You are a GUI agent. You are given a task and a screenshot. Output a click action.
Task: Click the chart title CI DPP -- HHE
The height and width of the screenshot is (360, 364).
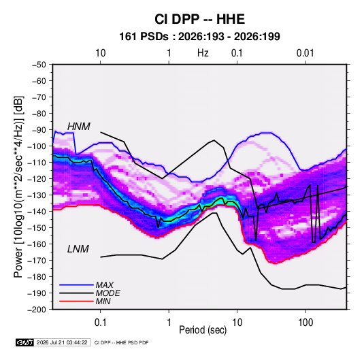(199, 19)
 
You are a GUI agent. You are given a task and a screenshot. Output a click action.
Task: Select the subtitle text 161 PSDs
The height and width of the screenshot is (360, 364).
(144, 37)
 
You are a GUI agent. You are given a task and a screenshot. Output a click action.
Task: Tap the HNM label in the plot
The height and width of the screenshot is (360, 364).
(79, 127)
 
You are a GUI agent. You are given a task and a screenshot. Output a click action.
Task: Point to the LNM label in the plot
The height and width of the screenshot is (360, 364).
(78, 249)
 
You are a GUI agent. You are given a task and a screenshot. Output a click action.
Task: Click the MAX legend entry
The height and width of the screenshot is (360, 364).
(105, 285)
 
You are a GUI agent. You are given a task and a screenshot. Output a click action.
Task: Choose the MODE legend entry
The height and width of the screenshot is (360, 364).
(108, 293)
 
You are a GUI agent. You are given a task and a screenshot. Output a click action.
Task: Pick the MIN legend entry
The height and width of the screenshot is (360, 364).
(103, 301)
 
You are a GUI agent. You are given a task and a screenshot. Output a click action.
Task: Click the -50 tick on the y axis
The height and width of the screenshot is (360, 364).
(39, 65)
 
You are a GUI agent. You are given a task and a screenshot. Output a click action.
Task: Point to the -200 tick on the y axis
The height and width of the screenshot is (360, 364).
(37, 310)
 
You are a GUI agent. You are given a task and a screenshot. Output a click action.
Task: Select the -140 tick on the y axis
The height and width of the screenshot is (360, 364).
(37, 212)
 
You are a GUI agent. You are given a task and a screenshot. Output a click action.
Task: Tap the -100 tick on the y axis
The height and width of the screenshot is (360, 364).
(37, 146)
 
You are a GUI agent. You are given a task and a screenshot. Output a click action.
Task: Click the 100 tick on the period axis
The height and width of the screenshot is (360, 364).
(305, 323)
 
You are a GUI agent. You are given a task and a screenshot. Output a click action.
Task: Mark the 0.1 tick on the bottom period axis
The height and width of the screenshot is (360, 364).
(100, 323)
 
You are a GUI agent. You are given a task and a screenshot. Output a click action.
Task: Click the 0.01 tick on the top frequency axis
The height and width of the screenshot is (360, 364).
(305, 53)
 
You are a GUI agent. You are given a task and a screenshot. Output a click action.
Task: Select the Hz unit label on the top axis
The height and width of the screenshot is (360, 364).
(203, 53)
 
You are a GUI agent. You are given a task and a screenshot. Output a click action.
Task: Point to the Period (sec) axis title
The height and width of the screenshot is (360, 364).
(203, 330)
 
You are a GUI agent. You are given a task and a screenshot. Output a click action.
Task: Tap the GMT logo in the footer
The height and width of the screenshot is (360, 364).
(25, 342)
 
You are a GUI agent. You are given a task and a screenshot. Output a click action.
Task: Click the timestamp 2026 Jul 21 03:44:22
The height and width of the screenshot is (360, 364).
(62, 342)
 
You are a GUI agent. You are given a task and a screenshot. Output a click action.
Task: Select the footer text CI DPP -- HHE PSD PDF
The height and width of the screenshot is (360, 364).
(121, 342)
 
